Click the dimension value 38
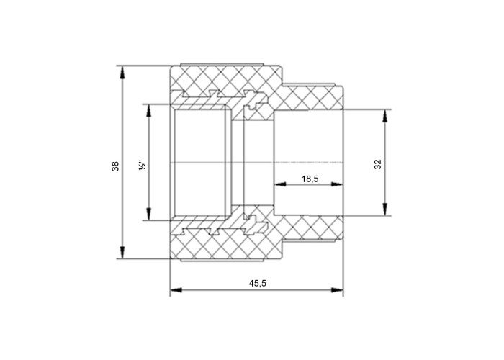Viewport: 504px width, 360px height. coord(115,166)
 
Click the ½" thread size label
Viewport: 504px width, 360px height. coord(143,165)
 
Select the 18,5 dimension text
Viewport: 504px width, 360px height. coord(310,179)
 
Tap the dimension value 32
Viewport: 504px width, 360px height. coord(378,164)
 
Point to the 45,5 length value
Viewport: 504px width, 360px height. coord(258,283)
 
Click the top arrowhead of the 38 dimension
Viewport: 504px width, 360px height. coord(122,72)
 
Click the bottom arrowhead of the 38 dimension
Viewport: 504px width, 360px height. coord(122,252)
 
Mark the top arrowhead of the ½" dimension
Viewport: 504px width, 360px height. coord(148,110)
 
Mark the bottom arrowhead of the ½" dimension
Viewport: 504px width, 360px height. coord(148,214)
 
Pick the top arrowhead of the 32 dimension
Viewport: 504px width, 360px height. coord(384,116)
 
